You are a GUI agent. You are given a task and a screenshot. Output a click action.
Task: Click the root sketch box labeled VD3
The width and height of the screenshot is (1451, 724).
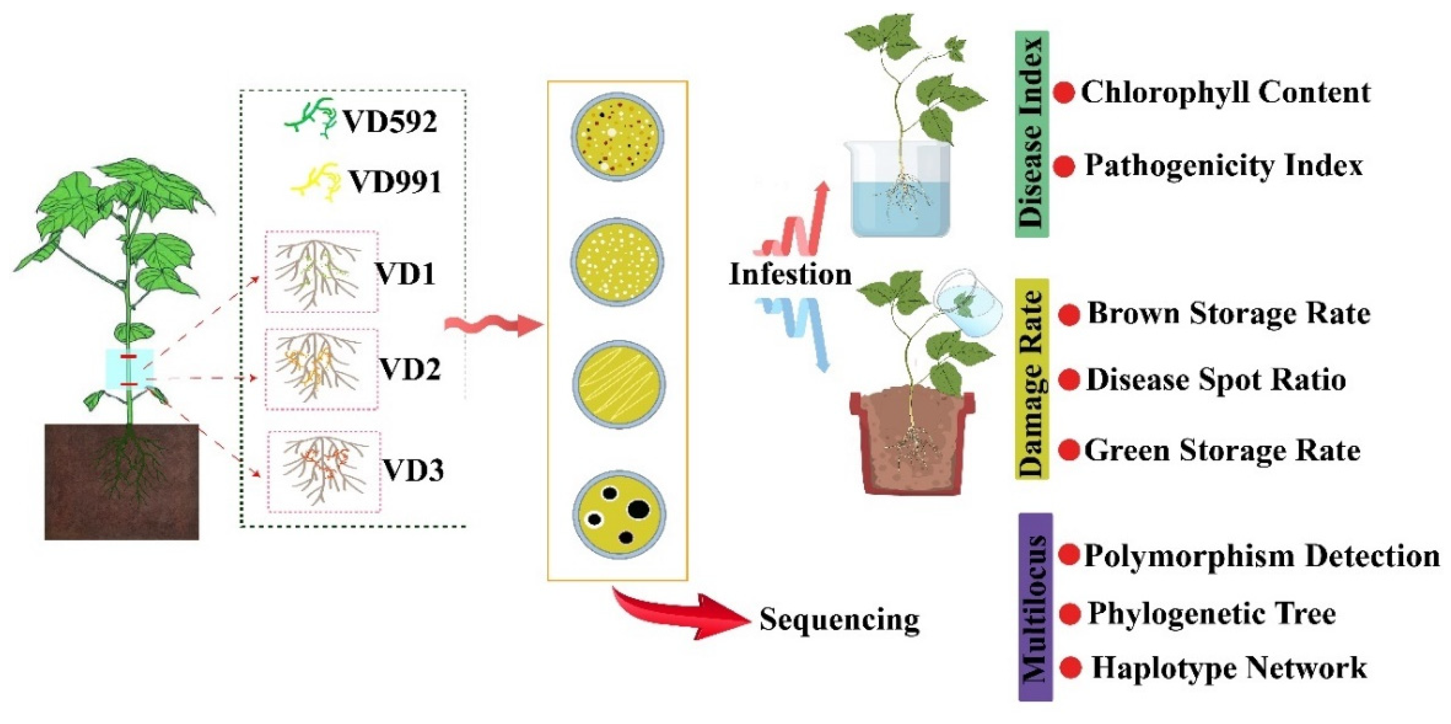[x=324, y=472]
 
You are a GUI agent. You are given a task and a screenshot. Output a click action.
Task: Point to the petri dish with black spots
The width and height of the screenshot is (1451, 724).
[x=619, y=514]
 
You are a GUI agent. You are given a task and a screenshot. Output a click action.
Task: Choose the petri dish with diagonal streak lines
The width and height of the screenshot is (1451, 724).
[x=619, y=384]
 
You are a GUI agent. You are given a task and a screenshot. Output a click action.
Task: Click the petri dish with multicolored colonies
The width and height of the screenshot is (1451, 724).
[x=617, y=136]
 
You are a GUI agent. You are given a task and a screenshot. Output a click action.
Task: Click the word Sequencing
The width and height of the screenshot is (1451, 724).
[x=839, y=619]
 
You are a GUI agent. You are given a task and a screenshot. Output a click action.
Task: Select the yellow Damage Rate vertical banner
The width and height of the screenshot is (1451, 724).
[x=1031, y=379]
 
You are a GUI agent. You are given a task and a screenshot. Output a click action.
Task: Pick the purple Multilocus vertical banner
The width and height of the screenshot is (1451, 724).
[x=1035, y=607]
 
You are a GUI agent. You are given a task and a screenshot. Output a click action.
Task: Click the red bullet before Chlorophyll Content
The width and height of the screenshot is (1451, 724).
[x=1063, y=93]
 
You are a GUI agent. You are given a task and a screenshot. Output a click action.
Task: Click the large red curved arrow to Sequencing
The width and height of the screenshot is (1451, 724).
[x=682, y=616]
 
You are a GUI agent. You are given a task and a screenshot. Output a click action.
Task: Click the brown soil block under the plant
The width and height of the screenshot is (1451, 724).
[x=121, y=482]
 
